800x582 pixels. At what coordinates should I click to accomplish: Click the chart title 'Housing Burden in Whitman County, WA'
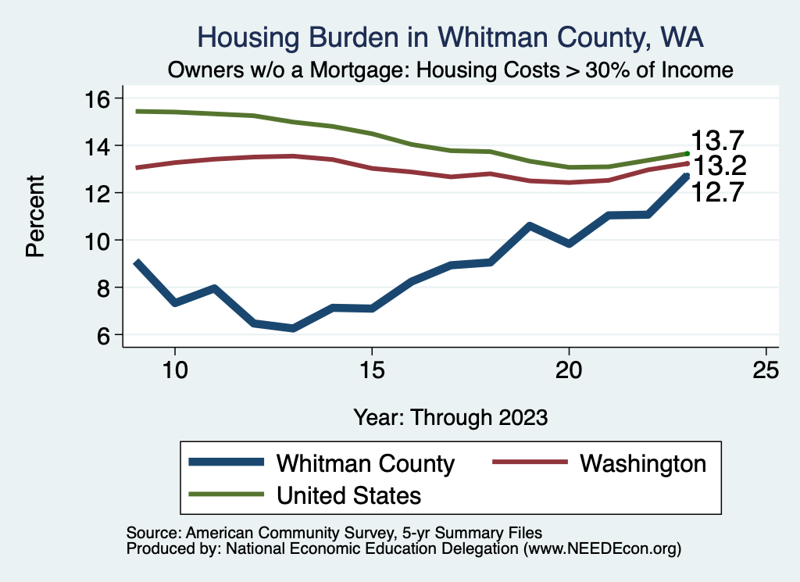451,37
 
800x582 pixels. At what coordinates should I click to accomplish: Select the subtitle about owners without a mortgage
451,70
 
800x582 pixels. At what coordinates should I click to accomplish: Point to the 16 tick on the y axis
100,98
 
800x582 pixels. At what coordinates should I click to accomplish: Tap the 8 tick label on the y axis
100,287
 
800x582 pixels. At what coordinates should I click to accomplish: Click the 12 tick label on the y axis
100,193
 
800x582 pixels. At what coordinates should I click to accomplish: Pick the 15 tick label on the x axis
372,370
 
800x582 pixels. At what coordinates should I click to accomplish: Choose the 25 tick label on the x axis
766,370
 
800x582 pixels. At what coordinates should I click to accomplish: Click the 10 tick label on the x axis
175,370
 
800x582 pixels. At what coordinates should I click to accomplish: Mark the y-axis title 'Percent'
34,216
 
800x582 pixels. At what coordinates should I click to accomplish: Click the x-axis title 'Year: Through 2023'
450,416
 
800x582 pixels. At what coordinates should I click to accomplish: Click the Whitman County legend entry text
365,463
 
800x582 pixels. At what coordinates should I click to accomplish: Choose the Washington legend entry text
643,463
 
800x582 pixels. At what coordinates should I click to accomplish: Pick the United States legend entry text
348,495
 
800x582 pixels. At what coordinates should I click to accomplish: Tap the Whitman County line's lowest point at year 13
293,328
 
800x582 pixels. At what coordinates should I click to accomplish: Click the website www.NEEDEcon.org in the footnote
601,549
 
